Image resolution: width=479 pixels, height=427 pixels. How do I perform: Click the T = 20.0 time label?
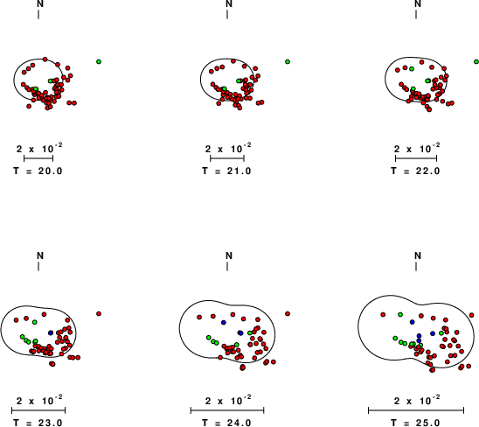(x=38, y=171)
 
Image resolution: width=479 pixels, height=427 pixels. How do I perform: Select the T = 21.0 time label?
(x=226, y=171)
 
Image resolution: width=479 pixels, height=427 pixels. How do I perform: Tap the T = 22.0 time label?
(x=415, y=171)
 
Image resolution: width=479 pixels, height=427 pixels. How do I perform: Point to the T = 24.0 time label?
(x=226, y=423)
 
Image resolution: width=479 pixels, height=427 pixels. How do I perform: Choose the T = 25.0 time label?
(x=415, y=423)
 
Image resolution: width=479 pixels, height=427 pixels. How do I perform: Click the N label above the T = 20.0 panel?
(x=40, y=3)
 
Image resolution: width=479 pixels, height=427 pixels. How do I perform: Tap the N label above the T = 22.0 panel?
(x=418, y=3)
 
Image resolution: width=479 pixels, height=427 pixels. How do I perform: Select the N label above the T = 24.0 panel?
(x=229, y=255)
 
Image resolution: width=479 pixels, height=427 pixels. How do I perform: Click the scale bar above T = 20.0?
(x=38, y=158)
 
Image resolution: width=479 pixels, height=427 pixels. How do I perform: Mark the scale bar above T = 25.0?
(x=416, y=410)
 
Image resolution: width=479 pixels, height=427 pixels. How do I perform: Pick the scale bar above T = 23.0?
(x=38, y=410)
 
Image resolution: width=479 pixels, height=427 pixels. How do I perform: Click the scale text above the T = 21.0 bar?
(x=228, y=149)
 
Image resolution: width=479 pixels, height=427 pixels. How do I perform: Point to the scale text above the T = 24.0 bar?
(x=228, y=401)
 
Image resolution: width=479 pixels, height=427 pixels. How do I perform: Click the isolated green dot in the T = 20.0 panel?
(x=99, y=62)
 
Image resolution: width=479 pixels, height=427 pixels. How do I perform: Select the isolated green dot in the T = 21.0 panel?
(x=288, y=62)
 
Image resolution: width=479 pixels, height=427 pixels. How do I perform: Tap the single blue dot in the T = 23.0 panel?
(x=51, y=332)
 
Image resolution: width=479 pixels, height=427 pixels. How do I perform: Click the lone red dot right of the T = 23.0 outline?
(x=99, y=314)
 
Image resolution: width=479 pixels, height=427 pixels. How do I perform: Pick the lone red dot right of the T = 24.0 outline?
(x=288, y=314)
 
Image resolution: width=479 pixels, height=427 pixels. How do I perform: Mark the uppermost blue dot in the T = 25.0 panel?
(x=412, y=322)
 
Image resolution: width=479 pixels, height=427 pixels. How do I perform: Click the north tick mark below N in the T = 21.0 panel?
(x=227, y=14)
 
